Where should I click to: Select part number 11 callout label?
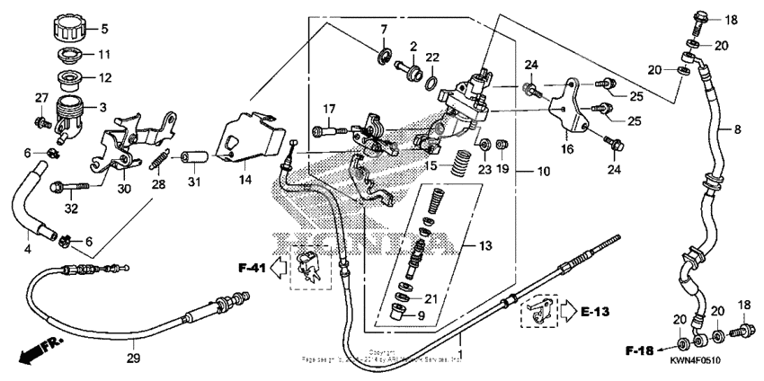point(104,54)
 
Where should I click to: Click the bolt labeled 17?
point(328,131)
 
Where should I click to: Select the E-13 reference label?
point(593,313)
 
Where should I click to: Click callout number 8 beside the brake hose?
point(737,130)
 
